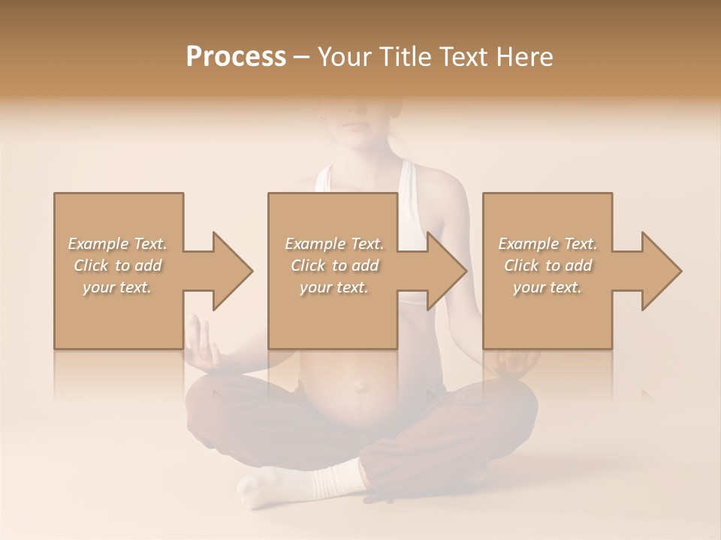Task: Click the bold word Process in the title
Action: (236, 57)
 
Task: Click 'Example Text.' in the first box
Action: (117, 244)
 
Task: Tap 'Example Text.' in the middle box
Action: (333, 244)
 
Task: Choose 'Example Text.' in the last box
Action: (548, 244)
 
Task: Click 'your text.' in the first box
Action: (117, 287)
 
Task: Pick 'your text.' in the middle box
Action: (333, 287)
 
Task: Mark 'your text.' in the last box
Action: (548, 287)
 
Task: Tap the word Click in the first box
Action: (91, 265)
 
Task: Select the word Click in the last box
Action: (521, 265)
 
